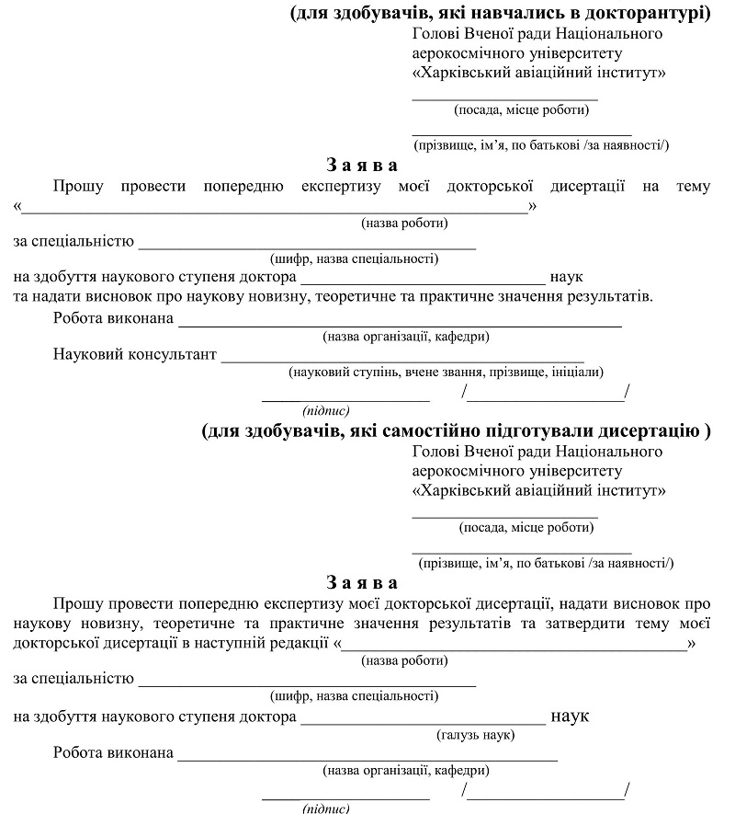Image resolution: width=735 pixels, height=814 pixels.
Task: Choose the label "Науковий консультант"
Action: [135, 354]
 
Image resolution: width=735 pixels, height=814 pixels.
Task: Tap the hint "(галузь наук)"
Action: [475, 734]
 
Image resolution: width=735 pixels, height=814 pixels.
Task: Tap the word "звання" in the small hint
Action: [452, 373]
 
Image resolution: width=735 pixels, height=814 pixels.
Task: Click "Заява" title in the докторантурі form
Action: [363, 166]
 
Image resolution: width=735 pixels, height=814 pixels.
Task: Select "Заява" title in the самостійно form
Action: [363, 583]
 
